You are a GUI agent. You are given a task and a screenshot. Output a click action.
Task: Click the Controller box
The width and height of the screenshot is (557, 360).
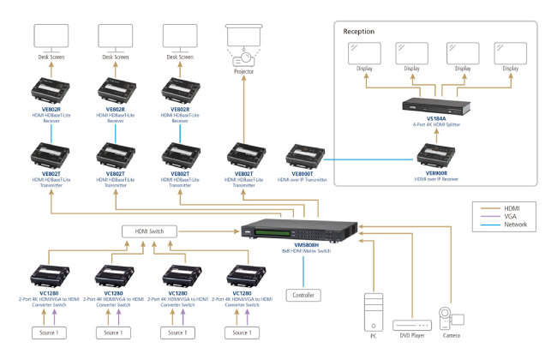(303, 296)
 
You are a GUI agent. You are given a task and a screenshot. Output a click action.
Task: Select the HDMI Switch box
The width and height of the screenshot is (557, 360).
(149, 231)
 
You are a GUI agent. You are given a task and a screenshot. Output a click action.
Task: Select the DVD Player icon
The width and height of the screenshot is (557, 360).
(410, 324)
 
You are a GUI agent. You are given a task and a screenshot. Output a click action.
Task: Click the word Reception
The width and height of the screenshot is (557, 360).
(360, 32)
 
